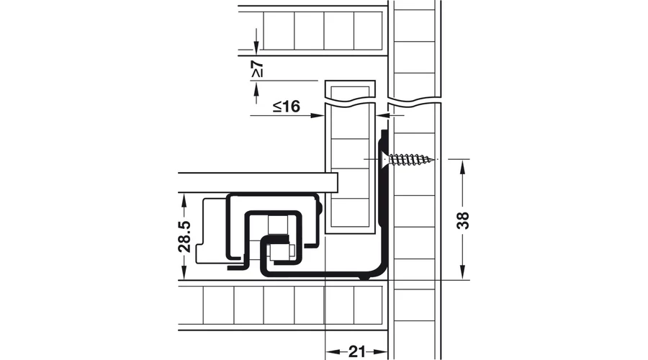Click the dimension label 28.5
pos(184,236)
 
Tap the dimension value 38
pos(463,220)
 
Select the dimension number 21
pos(356,352)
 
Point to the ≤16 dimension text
pos(287,107)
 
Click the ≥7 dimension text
pos(256,69)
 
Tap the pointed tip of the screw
pos(434,159)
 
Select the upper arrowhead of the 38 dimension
pos(462,166)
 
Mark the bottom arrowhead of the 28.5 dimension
pos(184,273)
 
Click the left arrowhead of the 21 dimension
pos(333,352)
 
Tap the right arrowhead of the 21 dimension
pos(381,352)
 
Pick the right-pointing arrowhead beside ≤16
pos(318,116)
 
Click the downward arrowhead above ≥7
pos(256,48)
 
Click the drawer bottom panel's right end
pos(338,183)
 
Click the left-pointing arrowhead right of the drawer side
pos(382,116)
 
